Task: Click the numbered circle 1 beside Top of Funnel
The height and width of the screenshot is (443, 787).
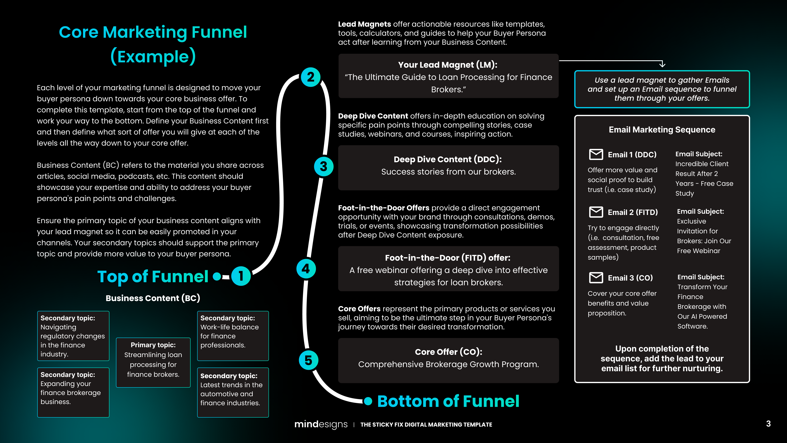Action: click(241, 276)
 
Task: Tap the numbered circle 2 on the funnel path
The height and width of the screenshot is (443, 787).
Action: click(310, 77)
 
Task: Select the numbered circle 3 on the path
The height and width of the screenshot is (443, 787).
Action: click(324, 167)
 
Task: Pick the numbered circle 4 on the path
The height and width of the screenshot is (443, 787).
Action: click(306, 269)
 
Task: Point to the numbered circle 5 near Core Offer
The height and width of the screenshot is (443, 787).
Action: click(308, 360)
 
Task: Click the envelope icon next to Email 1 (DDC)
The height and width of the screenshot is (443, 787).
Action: click(596, 154)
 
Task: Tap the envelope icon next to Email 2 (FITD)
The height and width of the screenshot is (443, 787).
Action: click(596, 212)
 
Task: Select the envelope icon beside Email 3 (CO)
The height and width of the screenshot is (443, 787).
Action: click(596, 278)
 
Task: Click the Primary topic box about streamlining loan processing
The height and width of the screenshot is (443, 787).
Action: click(153, 362)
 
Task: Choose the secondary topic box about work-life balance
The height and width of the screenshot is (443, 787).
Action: click(233, 336)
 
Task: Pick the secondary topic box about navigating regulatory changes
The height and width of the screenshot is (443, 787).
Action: click(73, 336)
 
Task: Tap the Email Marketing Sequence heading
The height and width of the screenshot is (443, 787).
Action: click(662, 130)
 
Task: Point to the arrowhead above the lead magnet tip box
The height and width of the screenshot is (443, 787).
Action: click(662, 65)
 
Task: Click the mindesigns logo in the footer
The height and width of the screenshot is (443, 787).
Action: click(321, 424)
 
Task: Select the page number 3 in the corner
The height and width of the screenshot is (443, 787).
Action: click(768, 424)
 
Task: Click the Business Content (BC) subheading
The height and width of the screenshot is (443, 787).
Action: click(153, 298)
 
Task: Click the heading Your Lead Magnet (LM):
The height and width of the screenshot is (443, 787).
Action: click(448, 65)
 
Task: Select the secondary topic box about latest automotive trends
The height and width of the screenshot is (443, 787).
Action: click(233, 392)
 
